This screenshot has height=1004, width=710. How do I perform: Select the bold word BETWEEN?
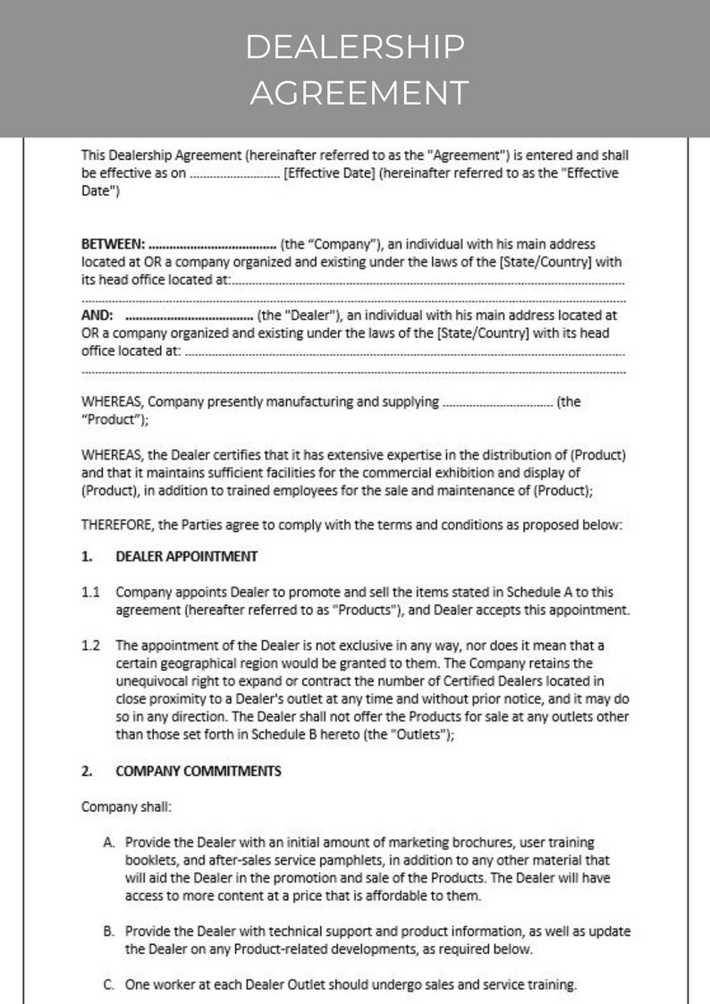coord(113,244)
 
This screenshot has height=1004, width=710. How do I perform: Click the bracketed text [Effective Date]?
coord(328,173)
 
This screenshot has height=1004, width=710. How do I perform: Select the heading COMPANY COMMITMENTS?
coord(199,771)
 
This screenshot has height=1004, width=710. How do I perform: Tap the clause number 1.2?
coord(90,645)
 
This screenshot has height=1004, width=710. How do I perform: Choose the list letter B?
coord(108,931)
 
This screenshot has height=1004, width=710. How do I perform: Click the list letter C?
coord(108,985)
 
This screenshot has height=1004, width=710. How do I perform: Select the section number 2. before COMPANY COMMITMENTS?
coord(87,771)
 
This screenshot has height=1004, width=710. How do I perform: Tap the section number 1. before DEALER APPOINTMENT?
coord(87,556)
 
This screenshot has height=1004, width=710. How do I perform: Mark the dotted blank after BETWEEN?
coord(213,244)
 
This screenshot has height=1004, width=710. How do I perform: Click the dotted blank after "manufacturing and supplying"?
coord(497,402)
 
